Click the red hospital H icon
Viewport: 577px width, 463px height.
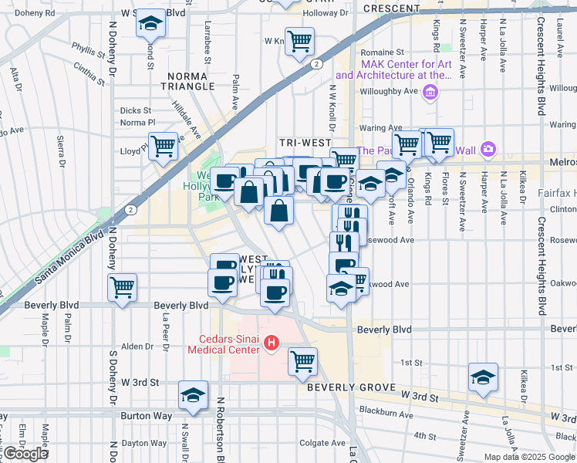[271, 342]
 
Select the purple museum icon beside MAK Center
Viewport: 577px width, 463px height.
[431, 94]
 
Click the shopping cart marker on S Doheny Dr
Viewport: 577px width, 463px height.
[122, 288]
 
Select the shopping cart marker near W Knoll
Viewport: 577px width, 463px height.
[299, 41]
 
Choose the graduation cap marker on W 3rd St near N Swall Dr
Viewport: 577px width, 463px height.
[192, 396]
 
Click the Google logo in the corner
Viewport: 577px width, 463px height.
[25, 454]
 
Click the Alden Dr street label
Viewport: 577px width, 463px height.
[137, 346]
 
